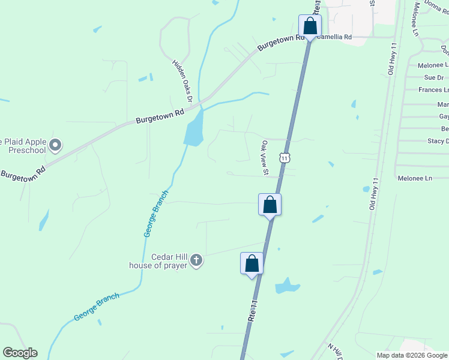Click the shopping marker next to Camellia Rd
tap(310, 26)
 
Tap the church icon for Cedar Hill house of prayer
tap(196, 260)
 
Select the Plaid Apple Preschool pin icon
tap(55, 145)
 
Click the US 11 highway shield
tap(285, 157)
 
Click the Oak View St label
tap(264, 157)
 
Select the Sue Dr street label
tap(433, 77)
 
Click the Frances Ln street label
tap(433, 90)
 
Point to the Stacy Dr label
tap(436, 141)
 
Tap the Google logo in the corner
tap(20, 353)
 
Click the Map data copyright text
tap(412, 355)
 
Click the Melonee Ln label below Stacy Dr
tap(415, 178)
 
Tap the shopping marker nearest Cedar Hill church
tap(252, 263)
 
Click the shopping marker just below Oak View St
tap(270, 205)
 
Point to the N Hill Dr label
tap(335, 352)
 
